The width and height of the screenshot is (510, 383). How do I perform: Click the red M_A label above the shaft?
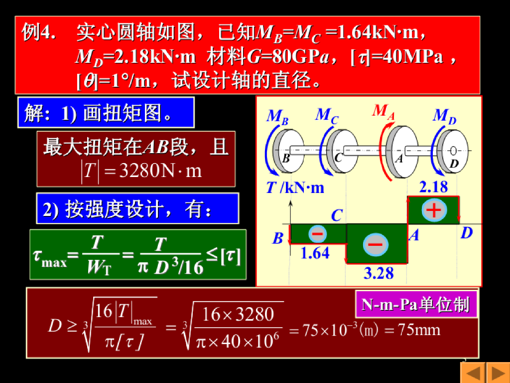[x=383, y=111]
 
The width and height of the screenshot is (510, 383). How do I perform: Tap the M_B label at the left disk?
[x=277, y=117]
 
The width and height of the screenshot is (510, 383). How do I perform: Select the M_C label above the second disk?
[x=327, y=116]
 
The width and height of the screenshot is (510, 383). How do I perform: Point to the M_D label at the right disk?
[x=444, y=116]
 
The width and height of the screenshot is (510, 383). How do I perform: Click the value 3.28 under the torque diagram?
[x=379, y=273]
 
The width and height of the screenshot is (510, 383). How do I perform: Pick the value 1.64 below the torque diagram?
[x=315, y=253]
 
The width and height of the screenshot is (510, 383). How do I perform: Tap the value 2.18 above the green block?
[x=433, y=188]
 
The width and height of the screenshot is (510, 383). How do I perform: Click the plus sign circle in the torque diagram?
[x=433, y=210]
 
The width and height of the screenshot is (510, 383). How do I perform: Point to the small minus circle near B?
[x=317, y=233]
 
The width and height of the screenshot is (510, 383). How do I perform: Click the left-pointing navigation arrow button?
[x=472, y=373]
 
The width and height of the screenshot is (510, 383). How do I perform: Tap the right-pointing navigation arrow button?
[x=498, y=373]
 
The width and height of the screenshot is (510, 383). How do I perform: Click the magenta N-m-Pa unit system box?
[x=416, y=304]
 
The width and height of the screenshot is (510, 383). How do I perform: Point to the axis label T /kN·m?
[x=295, y=188]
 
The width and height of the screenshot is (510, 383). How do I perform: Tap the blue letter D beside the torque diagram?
[x=466, y=233]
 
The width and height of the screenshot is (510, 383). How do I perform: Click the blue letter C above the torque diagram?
[x=337, y=215]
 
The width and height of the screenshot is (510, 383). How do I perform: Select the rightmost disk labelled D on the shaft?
[x=454, y=151]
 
